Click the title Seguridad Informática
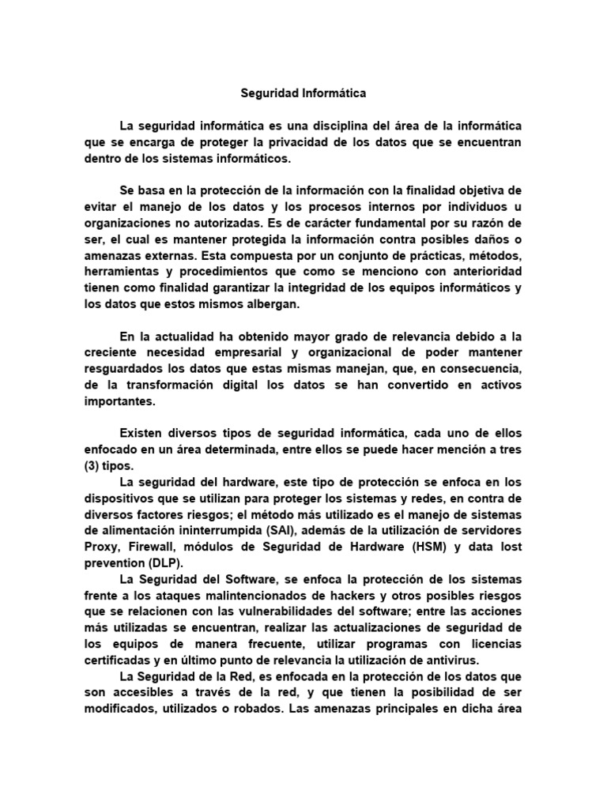pos(303,93)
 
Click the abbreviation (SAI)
pos(298,530)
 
